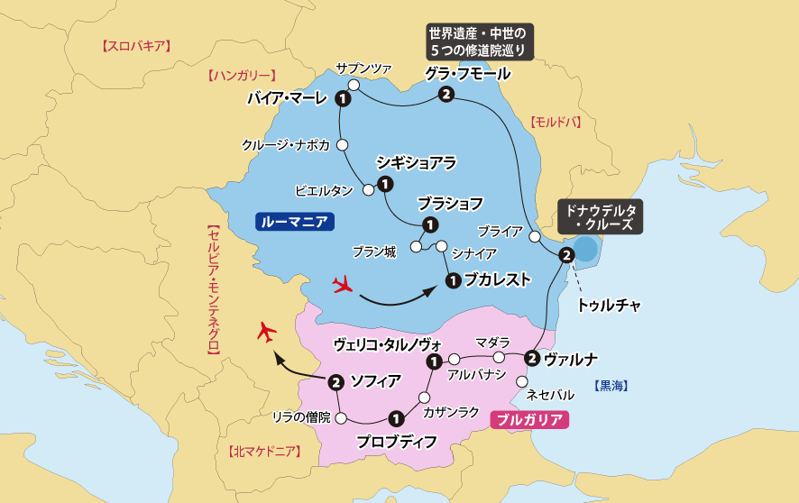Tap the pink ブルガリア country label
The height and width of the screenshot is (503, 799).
(x=529, y=419)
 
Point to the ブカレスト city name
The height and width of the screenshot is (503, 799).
(x=498, y=280)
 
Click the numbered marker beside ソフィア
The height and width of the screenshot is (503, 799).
(x=335, y=381)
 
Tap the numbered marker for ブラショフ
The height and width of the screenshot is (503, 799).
(x=430, y=224)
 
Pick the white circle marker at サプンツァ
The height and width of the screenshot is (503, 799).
(x=354, y=85)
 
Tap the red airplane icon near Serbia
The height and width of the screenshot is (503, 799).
(x=265, y=331)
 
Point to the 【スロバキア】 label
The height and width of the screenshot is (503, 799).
(x=137, y=45)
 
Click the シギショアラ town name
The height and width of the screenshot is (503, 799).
(x=416, y=163)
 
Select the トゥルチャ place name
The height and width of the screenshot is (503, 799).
(x=609, y=305)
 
